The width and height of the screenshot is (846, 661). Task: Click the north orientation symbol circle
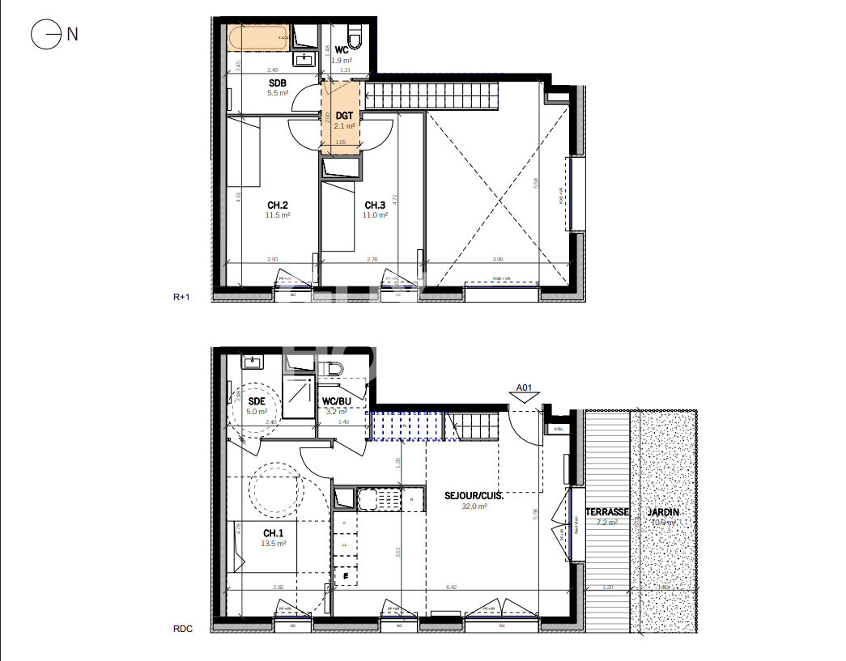point(45,34)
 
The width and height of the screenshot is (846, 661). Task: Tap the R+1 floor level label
point(181,298)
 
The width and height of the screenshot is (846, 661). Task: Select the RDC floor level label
point(182,629)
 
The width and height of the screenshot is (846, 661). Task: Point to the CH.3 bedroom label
point(375,205)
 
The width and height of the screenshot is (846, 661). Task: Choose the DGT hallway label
point(344,116)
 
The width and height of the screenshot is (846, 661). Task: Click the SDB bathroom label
point(278,83)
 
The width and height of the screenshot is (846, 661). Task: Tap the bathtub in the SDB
point(257,36)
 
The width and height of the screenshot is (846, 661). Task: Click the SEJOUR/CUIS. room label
point(474,495)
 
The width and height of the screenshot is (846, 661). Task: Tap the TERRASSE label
point(607,512)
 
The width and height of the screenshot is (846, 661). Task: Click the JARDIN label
point(662,512)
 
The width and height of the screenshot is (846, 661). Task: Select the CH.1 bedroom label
point(273,533)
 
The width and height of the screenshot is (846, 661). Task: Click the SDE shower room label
point(257,401)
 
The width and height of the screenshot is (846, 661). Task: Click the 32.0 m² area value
point(474,506)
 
